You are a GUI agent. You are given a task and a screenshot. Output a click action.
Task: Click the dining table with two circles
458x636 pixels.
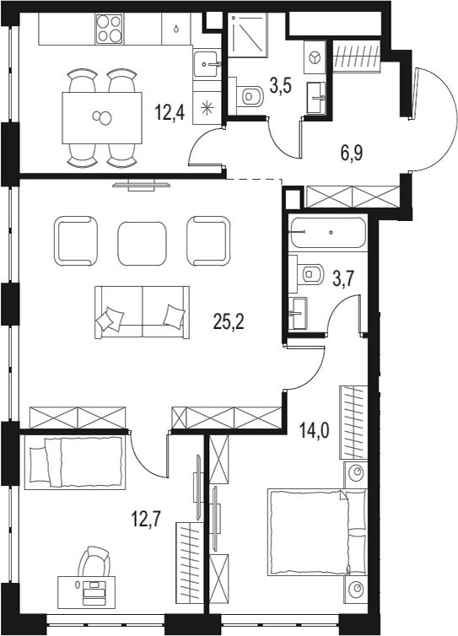102,117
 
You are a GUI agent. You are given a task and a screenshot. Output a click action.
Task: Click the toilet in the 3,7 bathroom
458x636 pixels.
311,272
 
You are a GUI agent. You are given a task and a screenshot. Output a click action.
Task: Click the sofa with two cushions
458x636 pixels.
141,311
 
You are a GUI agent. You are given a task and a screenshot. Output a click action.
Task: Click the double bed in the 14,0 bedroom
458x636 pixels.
317,532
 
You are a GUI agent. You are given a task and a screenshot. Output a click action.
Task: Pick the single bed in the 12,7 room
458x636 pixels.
74,462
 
